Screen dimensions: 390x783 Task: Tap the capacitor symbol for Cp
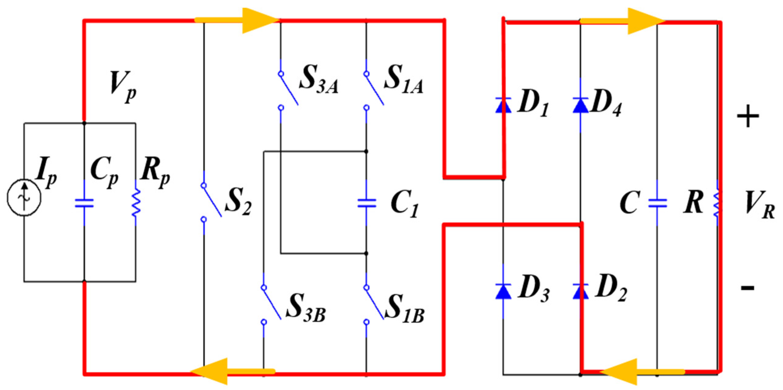84,203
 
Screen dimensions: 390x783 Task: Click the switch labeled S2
211,202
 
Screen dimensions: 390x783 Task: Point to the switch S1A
373,90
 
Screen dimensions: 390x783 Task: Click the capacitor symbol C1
367,203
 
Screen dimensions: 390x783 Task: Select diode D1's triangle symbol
503,105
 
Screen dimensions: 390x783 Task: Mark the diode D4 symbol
580,105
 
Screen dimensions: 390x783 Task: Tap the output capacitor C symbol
657,203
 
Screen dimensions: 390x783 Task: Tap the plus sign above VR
748,116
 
